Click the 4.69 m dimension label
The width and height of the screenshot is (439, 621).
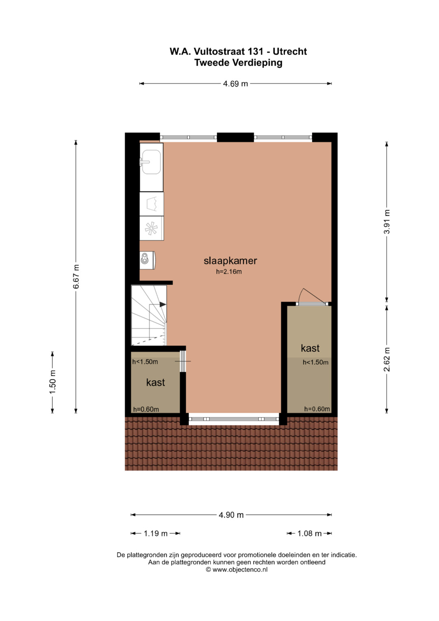[235, 83]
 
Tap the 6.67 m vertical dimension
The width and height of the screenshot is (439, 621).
[76, 277]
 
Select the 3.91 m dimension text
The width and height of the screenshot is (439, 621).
[387, 222]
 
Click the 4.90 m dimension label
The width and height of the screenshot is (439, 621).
[231, 515]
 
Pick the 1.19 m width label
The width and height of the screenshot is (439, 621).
[155, 534]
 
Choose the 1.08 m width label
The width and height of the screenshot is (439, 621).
[309, 534]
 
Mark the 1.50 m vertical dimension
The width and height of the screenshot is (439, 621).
[53, 382]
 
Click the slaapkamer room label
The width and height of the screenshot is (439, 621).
[230, 261]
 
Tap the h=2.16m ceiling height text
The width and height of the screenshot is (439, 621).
[229, 272]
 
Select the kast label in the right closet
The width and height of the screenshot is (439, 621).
[310, 348]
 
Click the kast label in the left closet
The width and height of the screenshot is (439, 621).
[155, 382]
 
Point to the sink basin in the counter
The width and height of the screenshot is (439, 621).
[151, 162]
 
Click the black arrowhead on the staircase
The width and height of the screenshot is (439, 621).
[163, 305]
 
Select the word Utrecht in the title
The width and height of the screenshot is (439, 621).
[290, 51]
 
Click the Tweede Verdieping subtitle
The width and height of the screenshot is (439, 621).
[238, 63]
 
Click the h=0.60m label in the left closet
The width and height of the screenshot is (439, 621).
[146, 409]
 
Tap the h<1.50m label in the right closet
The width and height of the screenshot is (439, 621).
[315, 362]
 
